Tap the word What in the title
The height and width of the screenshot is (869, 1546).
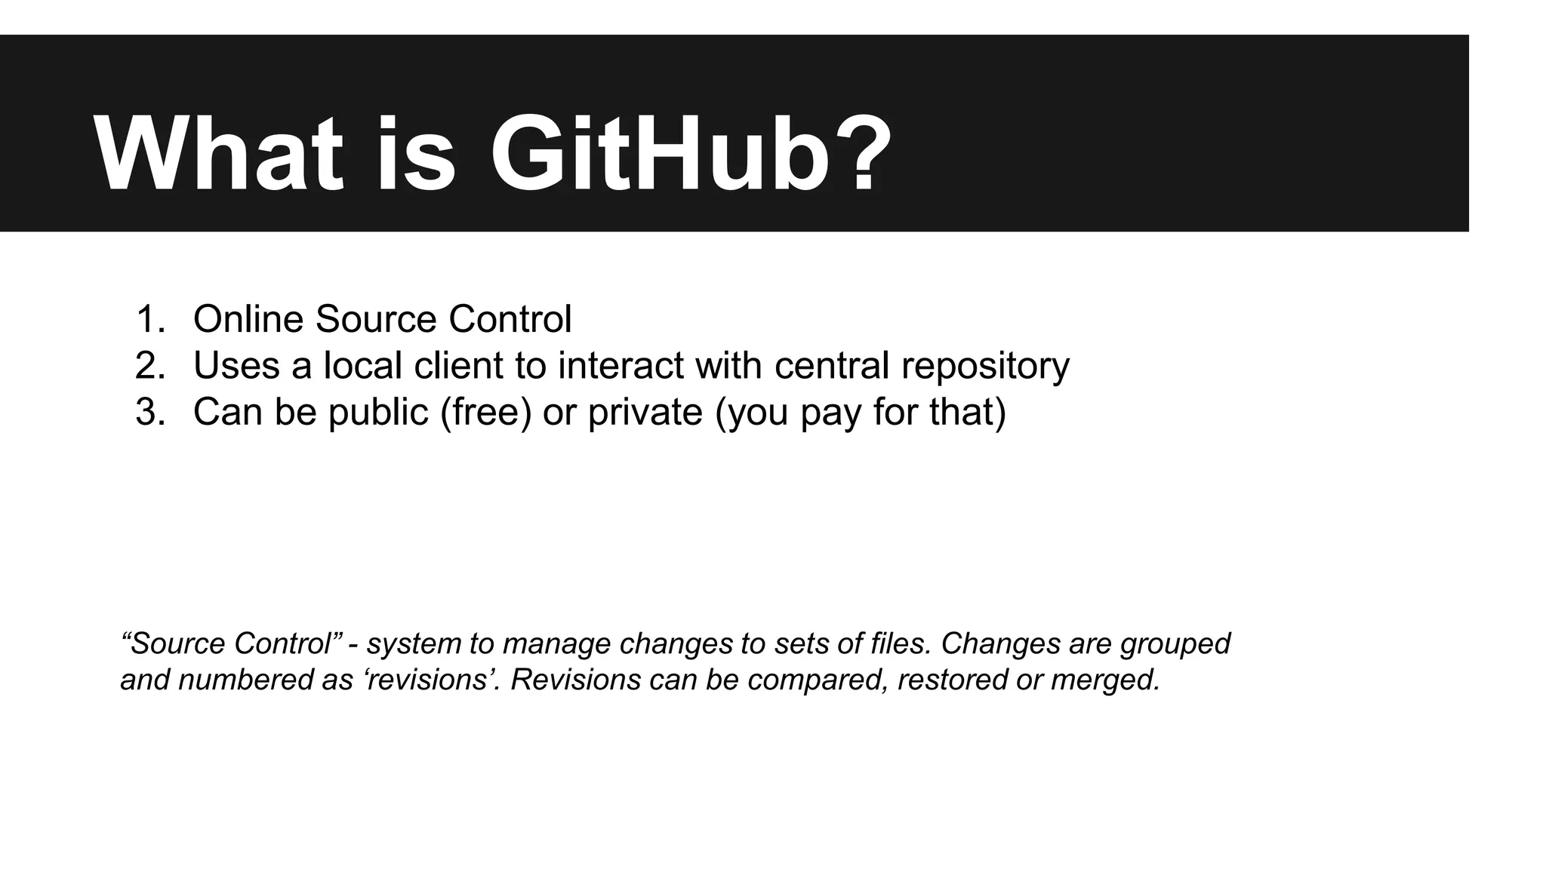coord(218,155)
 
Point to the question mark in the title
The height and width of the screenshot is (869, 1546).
coord(859,155)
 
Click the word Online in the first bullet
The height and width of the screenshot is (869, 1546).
coord(248,319)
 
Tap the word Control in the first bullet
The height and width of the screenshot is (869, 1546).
coord(510,319)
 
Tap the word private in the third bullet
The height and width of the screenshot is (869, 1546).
coord(645,413)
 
